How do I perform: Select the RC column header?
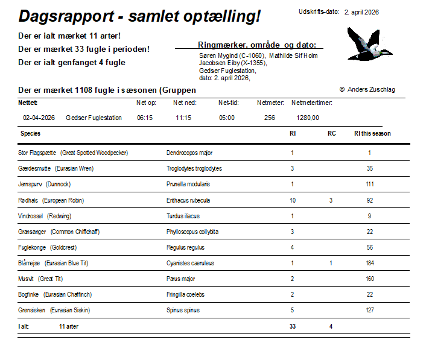331,133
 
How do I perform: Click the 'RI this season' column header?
372,133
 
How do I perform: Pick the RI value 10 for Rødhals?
293,200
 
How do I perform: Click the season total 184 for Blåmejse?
370,263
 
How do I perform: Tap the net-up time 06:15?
145,118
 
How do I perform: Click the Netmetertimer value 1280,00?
308,118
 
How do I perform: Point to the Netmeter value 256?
270,118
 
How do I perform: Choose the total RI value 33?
293,326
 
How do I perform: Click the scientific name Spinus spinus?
183,310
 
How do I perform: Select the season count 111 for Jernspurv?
370,185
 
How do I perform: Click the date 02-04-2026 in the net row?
39,118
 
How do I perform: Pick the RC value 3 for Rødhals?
331,200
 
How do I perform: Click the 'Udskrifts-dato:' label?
319,12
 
